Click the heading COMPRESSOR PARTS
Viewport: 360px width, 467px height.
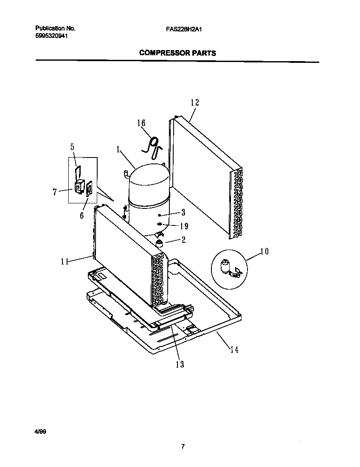(177, 53)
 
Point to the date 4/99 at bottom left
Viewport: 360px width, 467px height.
(40, 431)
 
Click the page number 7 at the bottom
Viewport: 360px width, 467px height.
(183, 446)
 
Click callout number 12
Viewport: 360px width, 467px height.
(194, 102)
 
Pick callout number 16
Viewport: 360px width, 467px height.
(141, 123)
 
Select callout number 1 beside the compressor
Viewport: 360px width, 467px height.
(118, 149)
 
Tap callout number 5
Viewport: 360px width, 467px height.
(72, 147)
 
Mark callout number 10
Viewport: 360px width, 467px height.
(264, 251)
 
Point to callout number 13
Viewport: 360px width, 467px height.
(180, 364)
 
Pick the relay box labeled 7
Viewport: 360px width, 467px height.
(79, 186)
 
